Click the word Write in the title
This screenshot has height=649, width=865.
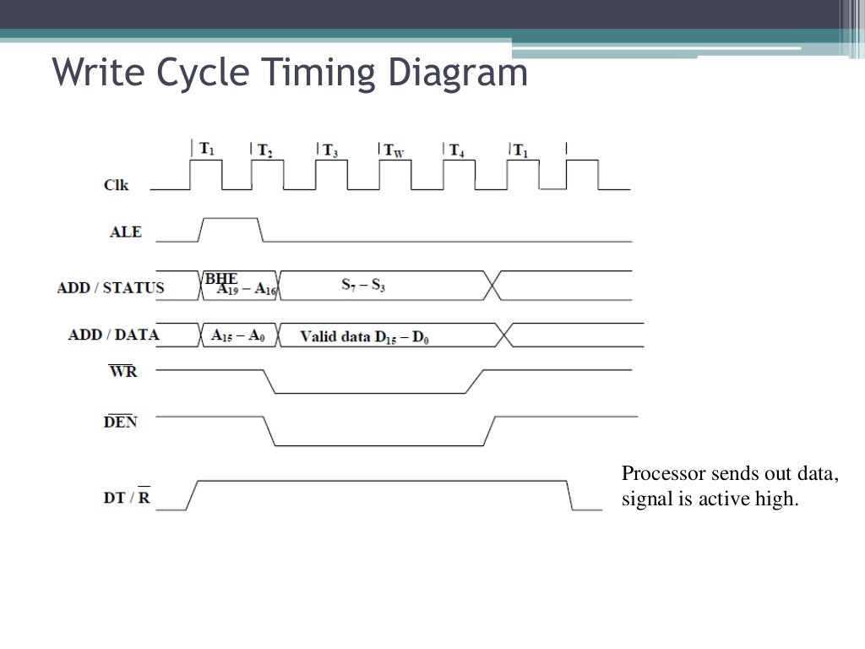pyautogui.click(x=100, y=73)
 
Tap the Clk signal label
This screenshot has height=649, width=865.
pyautogui.click(x=117, y=185)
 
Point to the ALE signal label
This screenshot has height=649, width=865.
pyautogui.click(x=126, y=232)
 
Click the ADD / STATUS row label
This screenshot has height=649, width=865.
pyautogui.click(x=111, y=288)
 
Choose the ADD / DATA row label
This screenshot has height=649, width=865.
pyautogui.click(x=113, y=335)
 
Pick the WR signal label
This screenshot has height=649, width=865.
pyautogui.click(x=123, y=372)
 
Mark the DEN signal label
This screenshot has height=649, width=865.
pyautogui.click(x=120, y=422)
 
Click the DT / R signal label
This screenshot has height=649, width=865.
pyautogui.click(x=127, y=498)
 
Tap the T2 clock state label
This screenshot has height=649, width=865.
pyautogui.click(x=264, y=151)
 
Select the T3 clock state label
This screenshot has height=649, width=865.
pyautogui.click(x=330, y=151)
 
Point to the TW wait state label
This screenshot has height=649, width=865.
pyautogui.click(x=394, y=151)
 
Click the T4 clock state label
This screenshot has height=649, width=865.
pyautogui.click(x=456, y=151)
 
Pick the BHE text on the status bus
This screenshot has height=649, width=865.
pyautogui.click(x=221, y=278)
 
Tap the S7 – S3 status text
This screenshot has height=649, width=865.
pyautogui.click(x=363, y=286)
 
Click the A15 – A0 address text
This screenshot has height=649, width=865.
pyautogui.click(x=238, y=335)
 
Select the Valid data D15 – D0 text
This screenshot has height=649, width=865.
pyautogui.click(x=367, y=336)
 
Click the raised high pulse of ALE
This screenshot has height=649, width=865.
pyautogui.click(x=230, y=219)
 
